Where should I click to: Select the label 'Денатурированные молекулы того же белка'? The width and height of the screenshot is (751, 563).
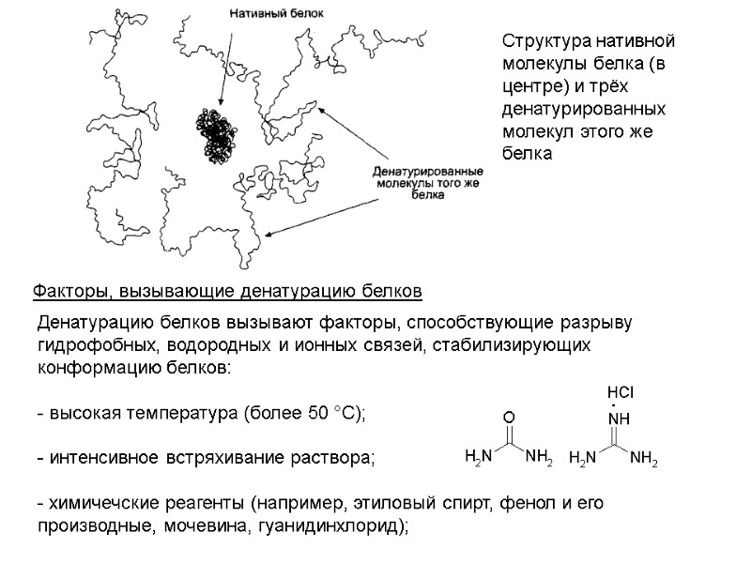[x=428, y=185]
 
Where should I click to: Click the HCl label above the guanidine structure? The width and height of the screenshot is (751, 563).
[x=621, y=389]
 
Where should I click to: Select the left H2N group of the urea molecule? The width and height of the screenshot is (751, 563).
[x=479, y=458]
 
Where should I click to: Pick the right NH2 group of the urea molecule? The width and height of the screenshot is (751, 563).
[x=539, y=458]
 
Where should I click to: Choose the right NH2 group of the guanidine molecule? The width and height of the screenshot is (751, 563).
[x=644, y=458]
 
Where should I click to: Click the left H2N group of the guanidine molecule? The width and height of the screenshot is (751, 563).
[x=584, y=458]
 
